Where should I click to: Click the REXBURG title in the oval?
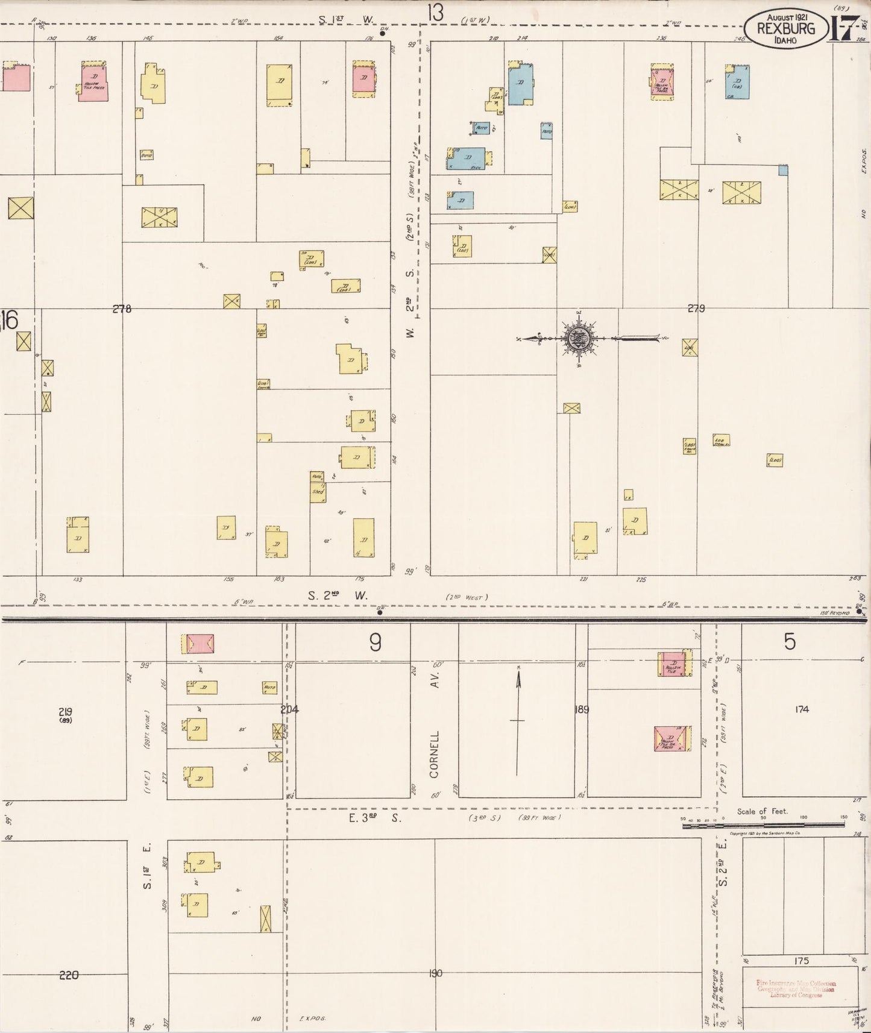(785, 28)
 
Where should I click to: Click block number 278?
(122, 309)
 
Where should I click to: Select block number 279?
(696, 309)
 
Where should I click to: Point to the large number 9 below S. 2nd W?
(375, 644)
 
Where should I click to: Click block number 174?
(801, 709)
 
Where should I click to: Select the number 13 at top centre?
(435, 12)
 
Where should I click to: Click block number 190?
(435, 973)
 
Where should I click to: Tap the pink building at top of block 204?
(200, 644)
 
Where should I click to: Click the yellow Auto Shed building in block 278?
(318, 486)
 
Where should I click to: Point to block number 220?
(69, 975)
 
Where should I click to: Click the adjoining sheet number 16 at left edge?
(10, 319)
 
